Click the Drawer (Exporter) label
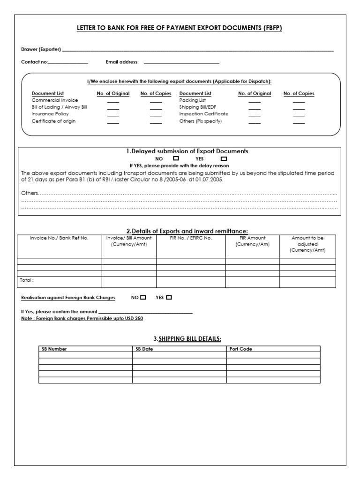(x=41, y=49)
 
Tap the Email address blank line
(x=181, y=63)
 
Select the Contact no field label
(x=34, y=62)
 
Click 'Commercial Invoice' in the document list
(x=55, y=100)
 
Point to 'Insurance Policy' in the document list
(x=50, y=114)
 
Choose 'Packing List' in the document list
(x=192, y=100)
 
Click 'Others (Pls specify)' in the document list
(x=201, y=121)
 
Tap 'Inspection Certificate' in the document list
(x=204, y=114)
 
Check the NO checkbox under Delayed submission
(x=176, y=158)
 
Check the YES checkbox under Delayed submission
(x=223, y=158)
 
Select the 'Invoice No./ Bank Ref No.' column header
(x=59, y=238)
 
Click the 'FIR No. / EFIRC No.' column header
(x=191, y=238)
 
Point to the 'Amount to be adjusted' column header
(x=307, y=244)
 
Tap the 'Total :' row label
(x=27, y=280)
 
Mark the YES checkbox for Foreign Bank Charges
(x=169, y=297)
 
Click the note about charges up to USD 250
(x=82, y=318)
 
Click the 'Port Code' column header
(x=241, y=349)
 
